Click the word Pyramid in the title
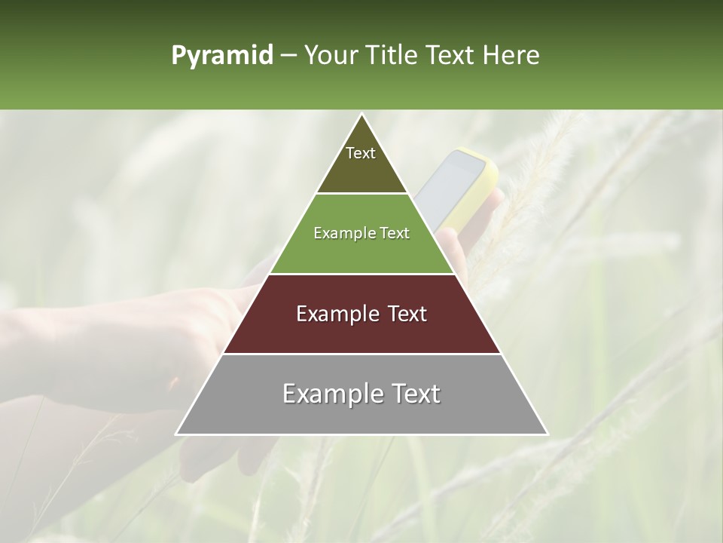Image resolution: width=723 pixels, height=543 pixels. (x=222, y=56)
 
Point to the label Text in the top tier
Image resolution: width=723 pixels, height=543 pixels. (x=361, y=153)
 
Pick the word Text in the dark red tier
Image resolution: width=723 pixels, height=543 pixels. (x=407, y=314)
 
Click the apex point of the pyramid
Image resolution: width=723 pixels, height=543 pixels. (x=361, y=115)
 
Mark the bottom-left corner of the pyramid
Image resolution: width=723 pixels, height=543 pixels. (x=177, y=434)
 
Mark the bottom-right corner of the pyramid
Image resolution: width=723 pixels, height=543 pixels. (x=547, y=434)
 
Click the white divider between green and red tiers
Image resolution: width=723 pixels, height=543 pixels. (x=361, y=274)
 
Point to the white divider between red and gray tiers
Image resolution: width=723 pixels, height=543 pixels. (x=361, y=354)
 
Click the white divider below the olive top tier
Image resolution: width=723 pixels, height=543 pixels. (x=361, y=194)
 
